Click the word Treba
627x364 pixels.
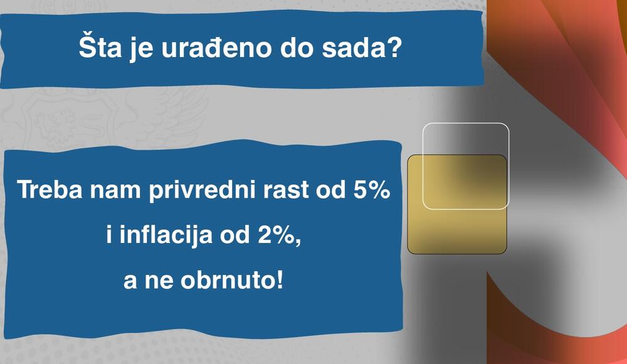point(48,190)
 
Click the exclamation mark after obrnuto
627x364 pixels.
point(278,279)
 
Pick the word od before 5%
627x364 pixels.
point(327,190)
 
